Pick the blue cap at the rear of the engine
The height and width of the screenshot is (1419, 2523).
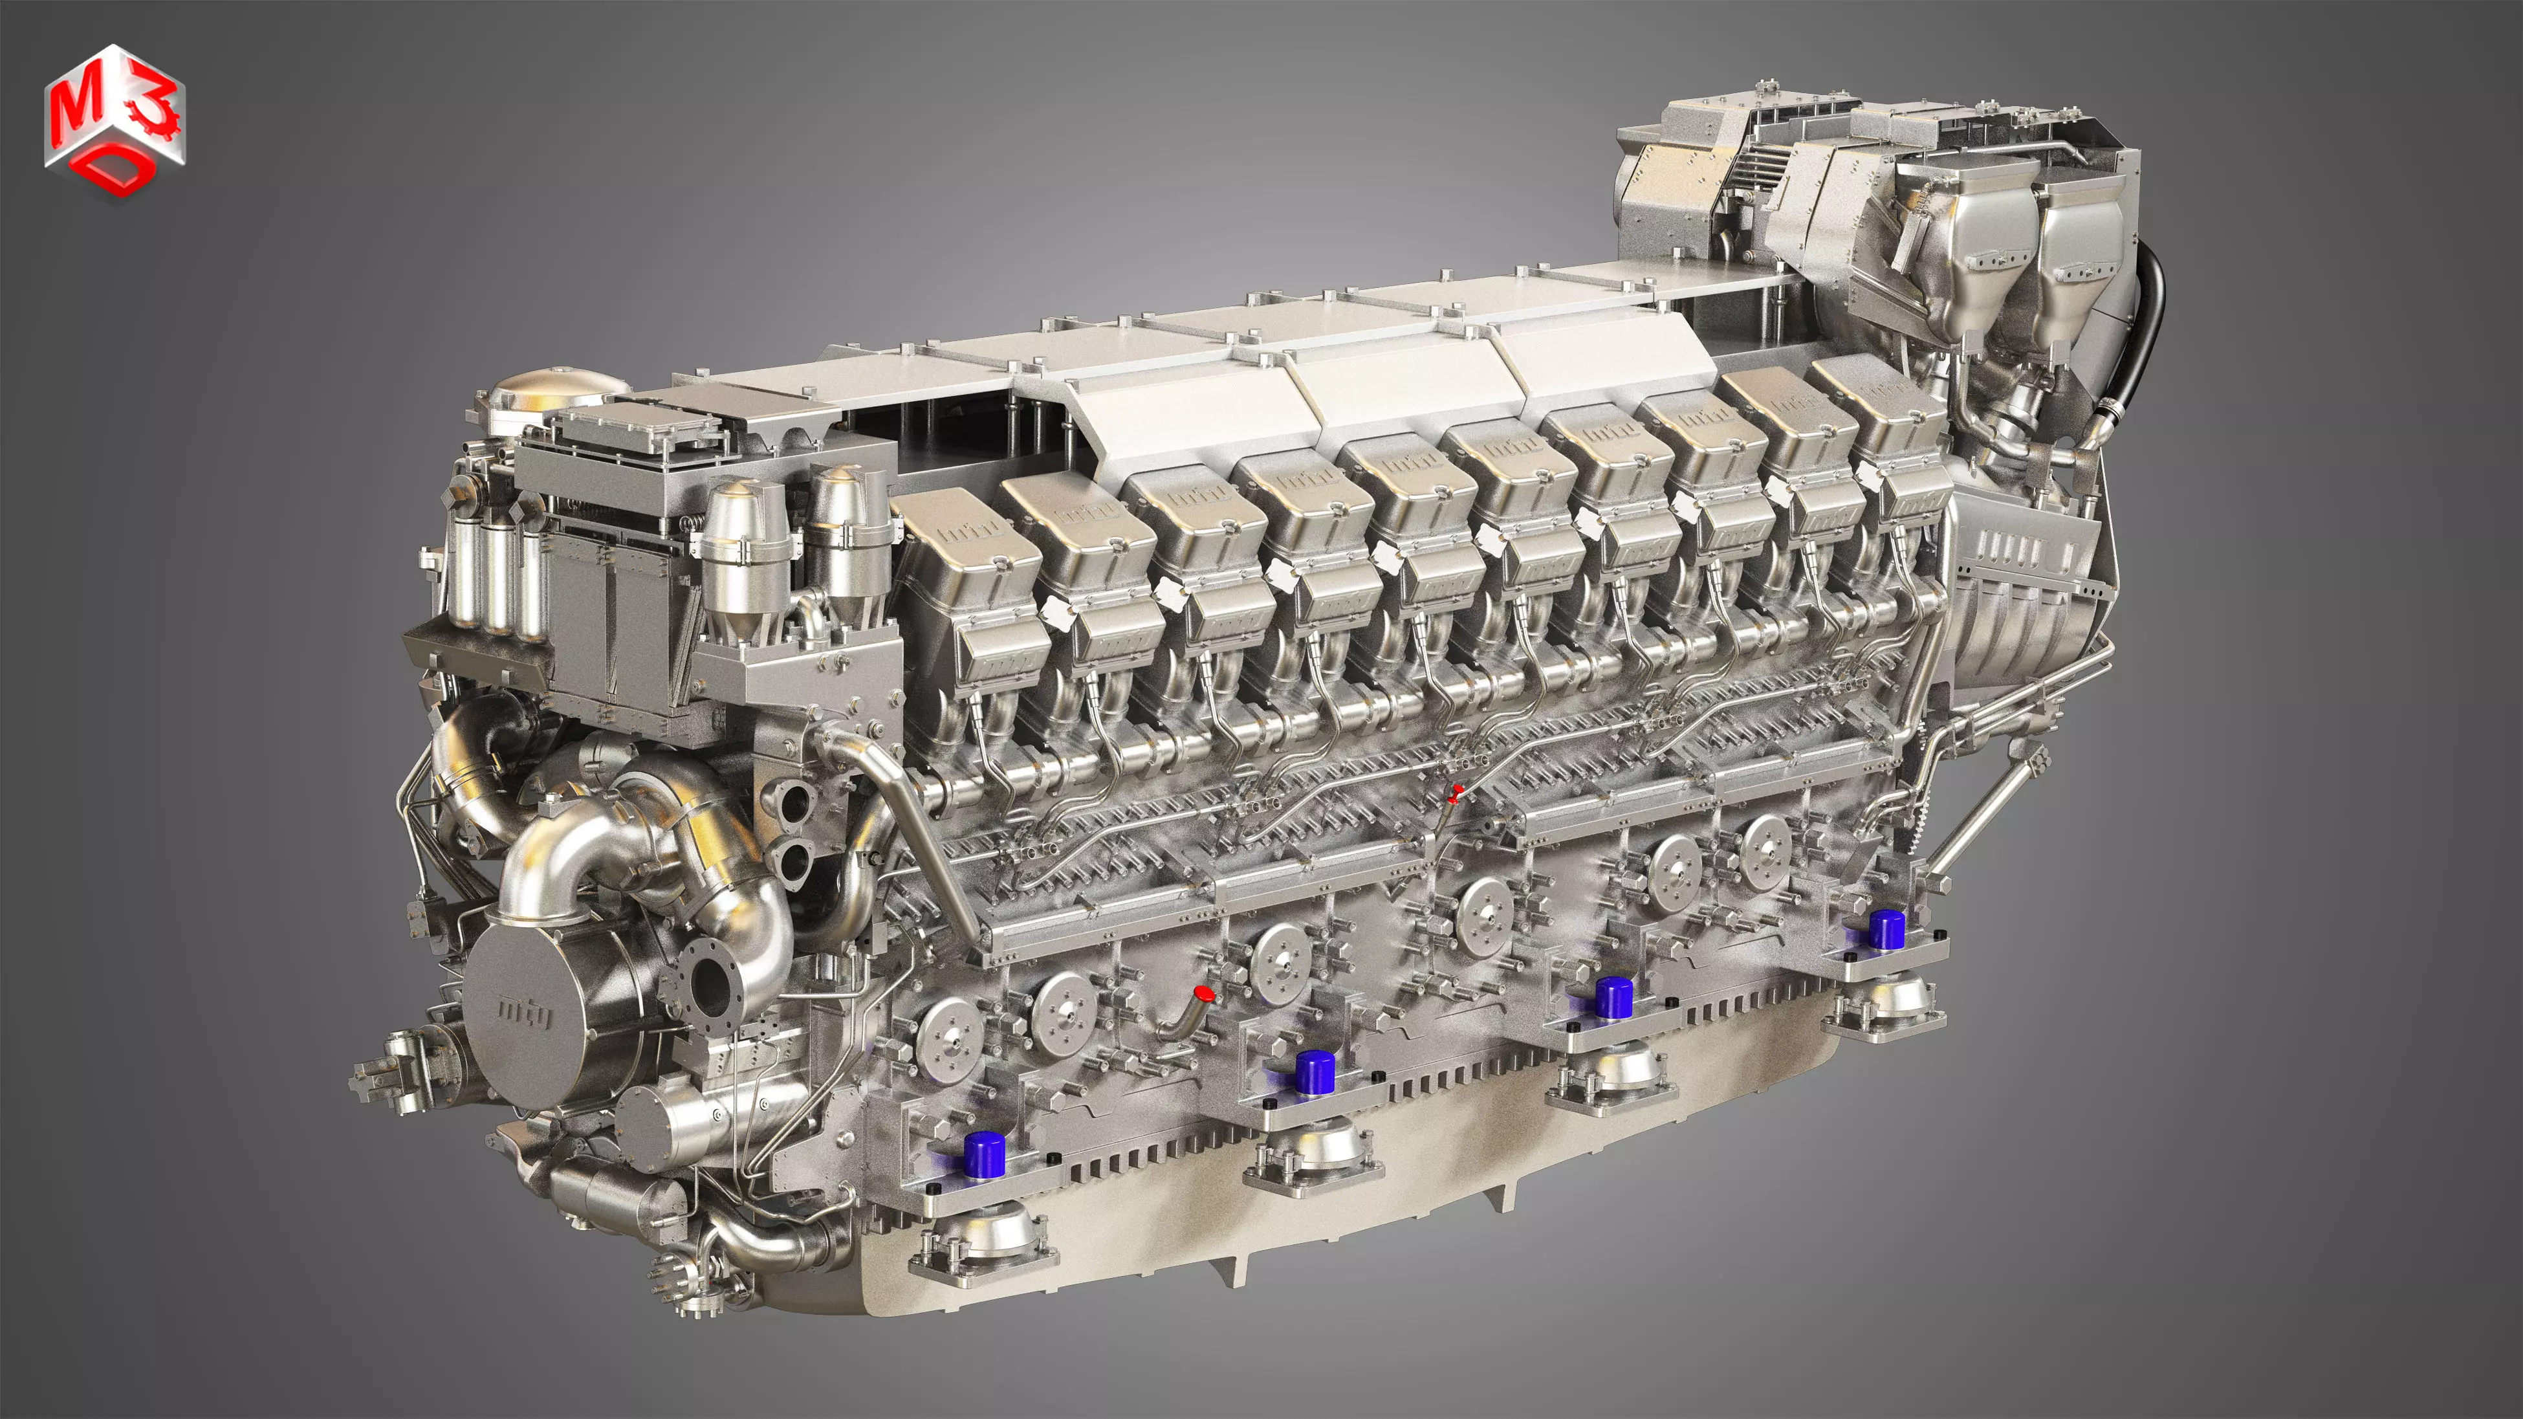point(1885,929)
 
